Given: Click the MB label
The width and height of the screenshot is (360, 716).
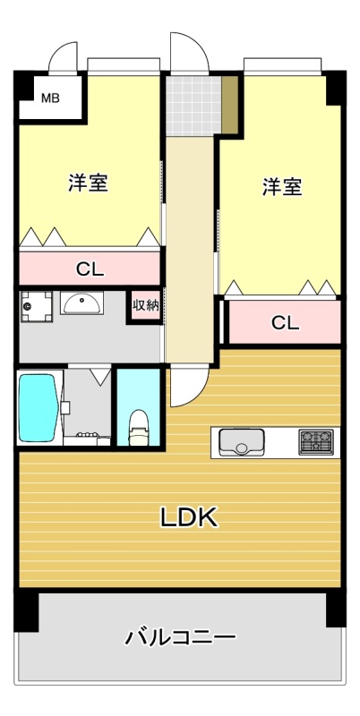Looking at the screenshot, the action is coord(51,98).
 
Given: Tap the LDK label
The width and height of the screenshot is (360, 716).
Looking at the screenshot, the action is coord(188,517).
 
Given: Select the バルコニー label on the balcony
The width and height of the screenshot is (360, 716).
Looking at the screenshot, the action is coord(181,637).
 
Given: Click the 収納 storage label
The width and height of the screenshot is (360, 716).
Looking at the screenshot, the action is coord(146,305).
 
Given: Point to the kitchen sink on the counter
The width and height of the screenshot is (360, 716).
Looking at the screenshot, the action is coord(242,442).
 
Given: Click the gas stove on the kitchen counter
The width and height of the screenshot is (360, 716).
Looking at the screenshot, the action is coord(316,441).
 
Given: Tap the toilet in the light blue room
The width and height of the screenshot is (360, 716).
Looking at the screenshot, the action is coord(138,428).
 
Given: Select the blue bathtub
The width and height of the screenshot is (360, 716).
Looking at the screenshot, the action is coord(39,408).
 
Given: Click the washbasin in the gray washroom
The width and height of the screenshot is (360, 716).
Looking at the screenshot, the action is coord(81,303).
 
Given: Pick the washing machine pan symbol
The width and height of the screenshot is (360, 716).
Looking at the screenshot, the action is coord(36,306).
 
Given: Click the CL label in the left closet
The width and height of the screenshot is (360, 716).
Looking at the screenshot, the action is coord(90,269).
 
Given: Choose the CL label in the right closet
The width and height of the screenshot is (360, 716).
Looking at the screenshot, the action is coord(285,323).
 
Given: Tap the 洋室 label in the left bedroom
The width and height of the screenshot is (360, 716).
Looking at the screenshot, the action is coord(88,183).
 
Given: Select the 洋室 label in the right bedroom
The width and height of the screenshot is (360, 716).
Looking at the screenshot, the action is coord(282,187).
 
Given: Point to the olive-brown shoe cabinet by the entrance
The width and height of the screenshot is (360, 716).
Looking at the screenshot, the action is coord(230,105).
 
